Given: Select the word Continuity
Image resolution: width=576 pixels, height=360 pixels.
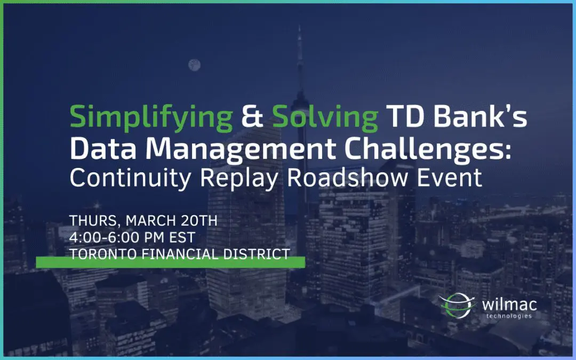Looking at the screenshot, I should coord(130,178).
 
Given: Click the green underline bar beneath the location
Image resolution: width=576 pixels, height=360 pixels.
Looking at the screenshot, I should coord(170,262).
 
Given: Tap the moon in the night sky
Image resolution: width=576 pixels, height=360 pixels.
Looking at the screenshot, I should coord(194,65).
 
